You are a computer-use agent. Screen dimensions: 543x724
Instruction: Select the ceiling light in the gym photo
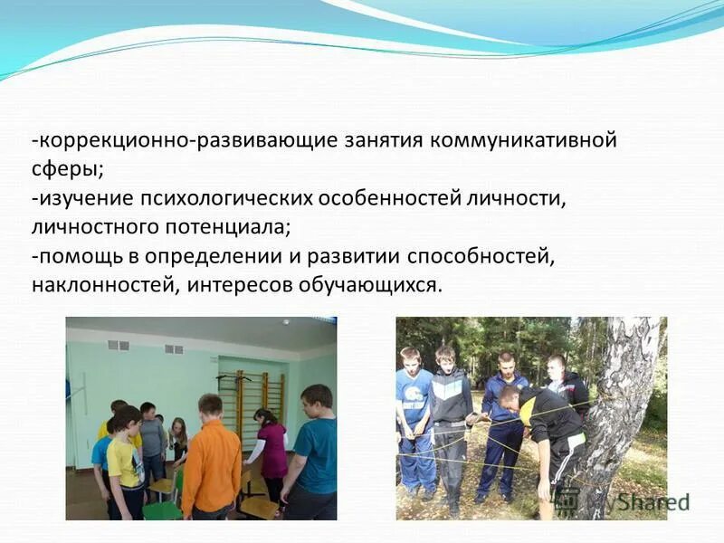pos(285,321)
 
